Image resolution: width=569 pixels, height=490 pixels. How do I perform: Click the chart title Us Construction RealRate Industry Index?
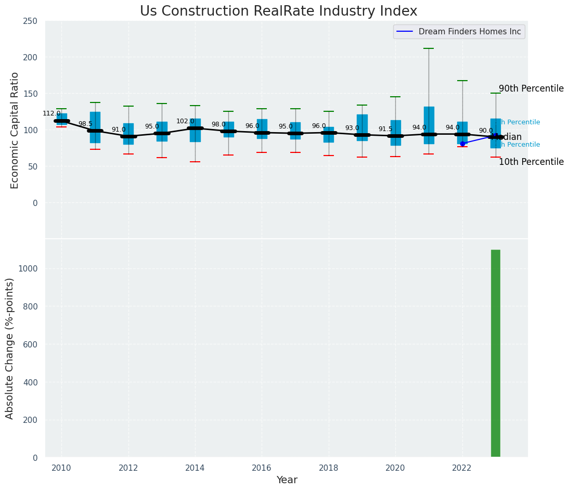(278, 11)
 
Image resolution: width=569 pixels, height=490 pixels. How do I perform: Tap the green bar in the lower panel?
(495, 353)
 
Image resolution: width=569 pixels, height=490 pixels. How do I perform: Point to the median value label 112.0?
(51, 113)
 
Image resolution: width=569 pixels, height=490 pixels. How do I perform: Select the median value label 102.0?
(185, 121)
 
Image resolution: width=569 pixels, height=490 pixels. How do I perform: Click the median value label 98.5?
(85, 124)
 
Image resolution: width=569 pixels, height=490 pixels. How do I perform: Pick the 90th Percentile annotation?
(531, 88)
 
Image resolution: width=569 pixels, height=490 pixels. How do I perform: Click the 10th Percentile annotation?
(531, 162)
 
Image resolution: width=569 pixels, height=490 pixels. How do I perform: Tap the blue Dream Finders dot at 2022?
(462, 144)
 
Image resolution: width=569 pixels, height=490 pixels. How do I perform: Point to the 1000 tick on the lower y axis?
(28, 268)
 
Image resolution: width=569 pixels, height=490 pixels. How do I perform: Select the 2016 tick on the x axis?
(262, 468)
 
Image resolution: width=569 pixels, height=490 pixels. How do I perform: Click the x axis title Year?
(287, 480)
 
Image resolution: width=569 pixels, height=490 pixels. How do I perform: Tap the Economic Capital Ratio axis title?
(15, 130)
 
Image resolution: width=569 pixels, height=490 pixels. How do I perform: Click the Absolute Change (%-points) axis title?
(10, 348)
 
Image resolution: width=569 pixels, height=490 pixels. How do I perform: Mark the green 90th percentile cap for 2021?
(429, 48)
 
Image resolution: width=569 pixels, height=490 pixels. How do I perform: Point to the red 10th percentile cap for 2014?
(195, 162)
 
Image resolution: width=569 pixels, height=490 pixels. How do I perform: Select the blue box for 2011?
(95, 127)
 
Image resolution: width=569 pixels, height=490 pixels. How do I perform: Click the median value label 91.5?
(385, 129)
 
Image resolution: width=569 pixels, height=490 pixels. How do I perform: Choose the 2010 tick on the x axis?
(61, 468)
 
